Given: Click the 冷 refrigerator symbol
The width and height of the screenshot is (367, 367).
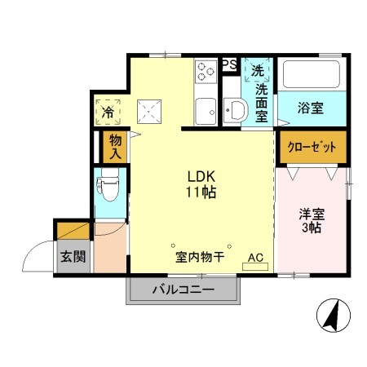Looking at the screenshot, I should click(108, 109).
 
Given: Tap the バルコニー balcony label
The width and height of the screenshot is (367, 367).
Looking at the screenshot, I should click(183, 290).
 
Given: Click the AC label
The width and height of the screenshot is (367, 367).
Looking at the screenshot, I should click(255, 258).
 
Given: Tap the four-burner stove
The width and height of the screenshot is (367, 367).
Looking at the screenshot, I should click(205, 72).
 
